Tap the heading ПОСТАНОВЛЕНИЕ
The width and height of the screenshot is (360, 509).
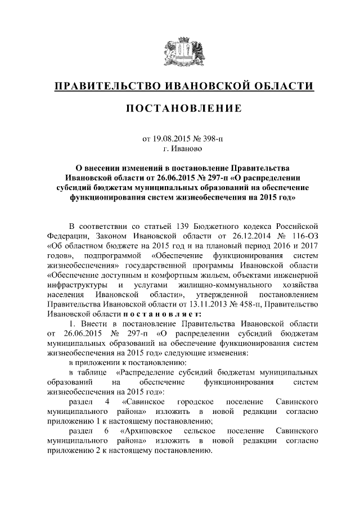[x=179, y=109]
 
